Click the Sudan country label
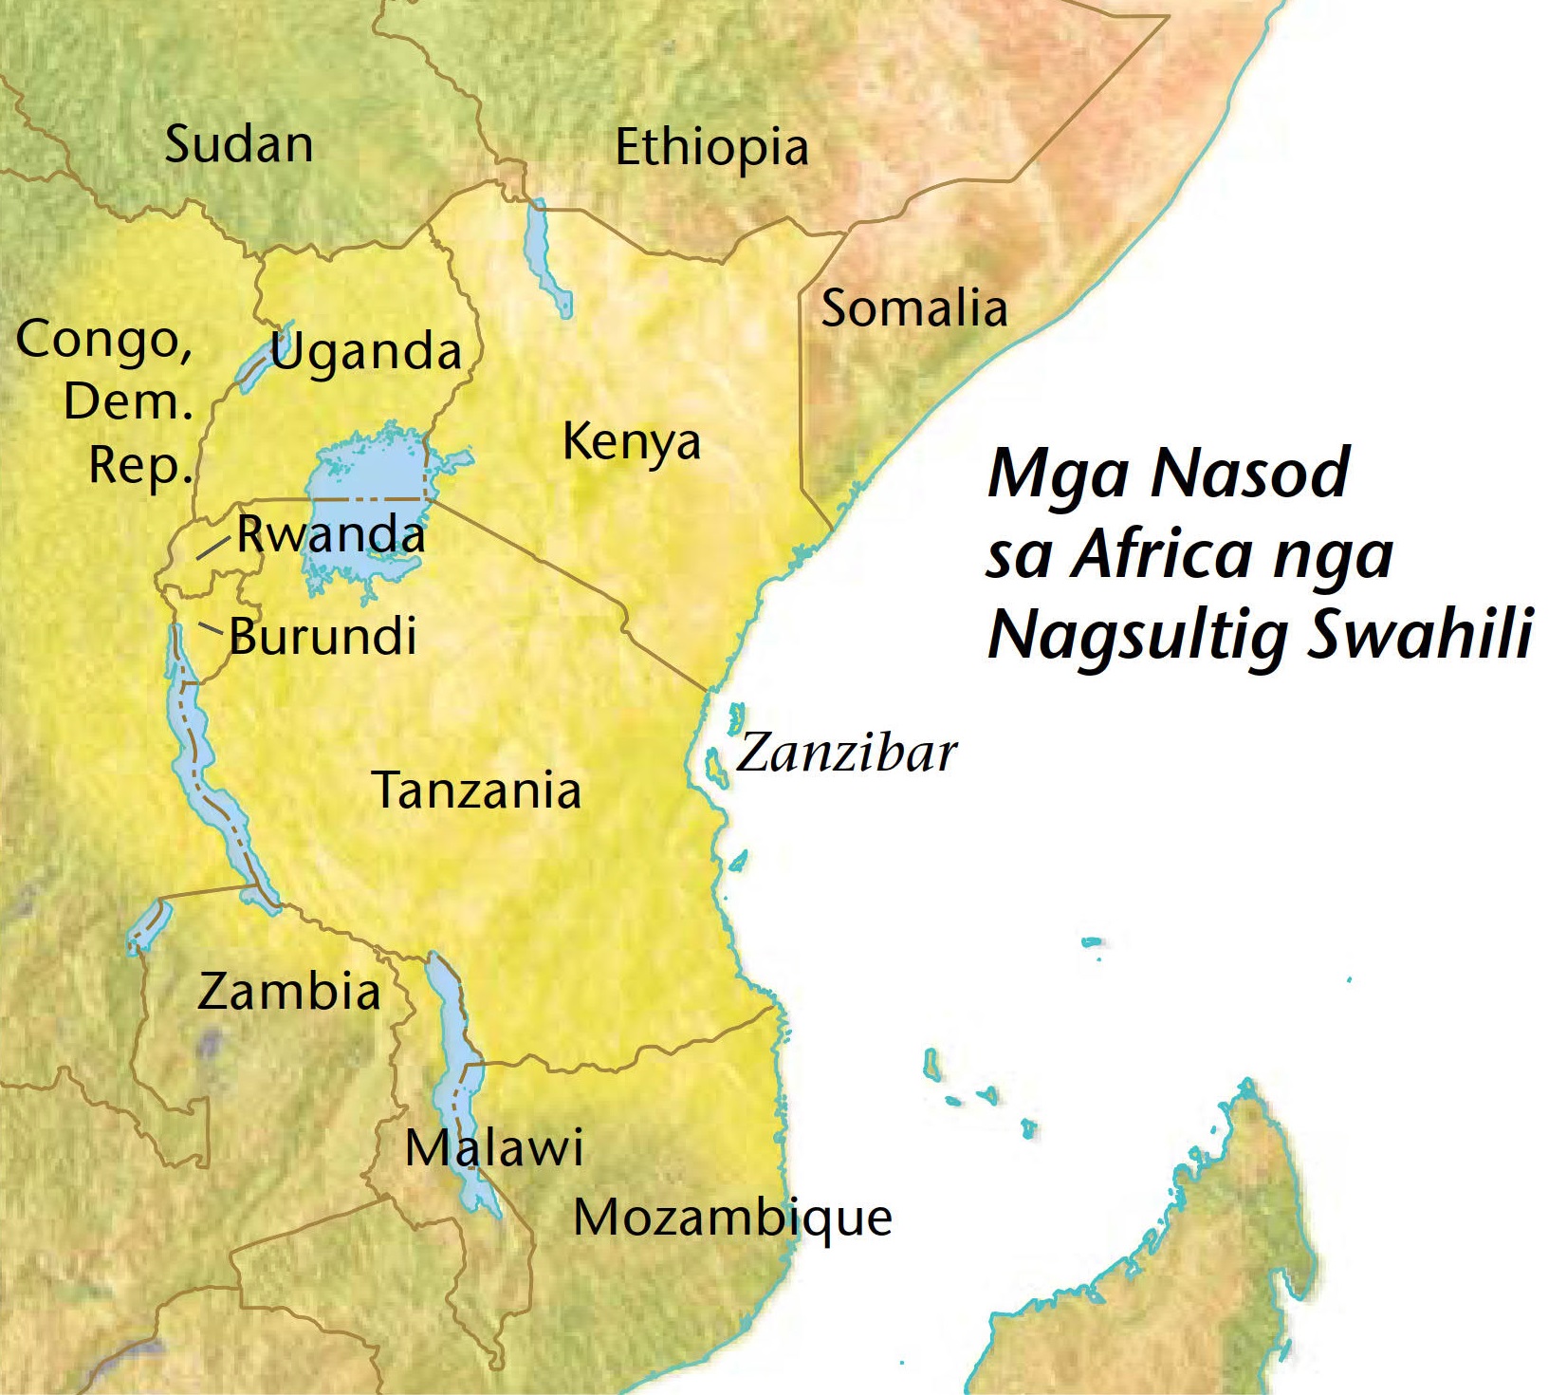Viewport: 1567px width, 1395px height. click(x=239, y=144)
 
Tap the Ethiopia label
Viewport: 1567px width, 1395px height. click(x=711, y=148)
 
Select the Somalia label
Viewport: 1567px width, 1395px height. click(x=913, y=308)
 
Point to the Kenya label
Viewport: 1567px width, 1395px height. click(x=632, y=442)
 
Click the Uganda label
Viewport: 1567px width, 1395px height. click(x=366, y=352)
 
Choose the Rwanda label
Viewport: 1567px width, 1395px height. click(x=331, y=534)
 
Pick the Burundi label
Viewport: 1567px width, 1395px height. click(x=323, y=636)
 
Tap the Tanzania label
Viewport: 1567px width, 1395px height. click(x=477, y=790)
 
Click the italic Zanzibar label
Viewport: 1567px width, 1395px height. click(x=846, y=753)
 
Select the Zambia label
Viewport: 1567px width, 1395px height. click(x=289, y=992)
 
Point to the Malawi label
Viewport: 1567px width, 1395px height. click(x=494, y=1148)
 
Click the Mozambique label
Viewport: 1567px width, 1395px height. click(x=733, y=1218)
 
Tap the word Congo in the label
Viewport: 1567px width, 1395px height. click(x=103, y=340)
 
